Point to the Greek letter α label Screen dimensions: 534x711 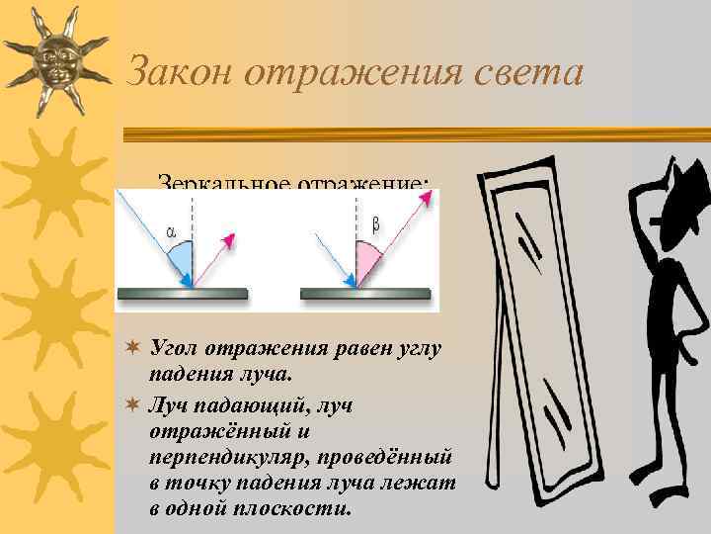172,232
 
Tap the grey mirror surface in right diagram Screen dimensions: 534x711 364,294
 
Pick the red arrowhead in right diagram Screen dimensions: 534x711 427,201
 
